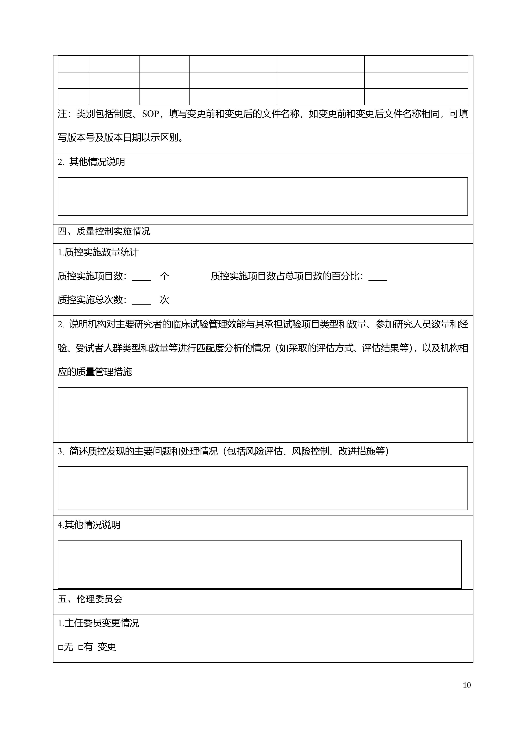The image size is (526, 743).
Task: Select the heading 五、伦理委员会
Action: pos(90,599)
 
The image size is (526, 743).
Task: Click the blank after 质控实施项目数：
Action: pos(141,277)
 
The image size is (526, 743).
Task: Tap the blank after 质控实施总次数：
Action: pos(141,300)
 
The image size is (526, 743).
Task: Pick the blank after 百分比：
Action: pos(378,277)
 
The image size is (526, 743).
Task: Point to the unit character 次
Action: pos(165,300)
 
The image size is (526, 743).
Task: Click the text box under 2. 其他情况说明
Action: pos(263,196)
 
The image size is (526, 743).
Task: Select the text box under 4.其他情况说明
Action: pos(260,564)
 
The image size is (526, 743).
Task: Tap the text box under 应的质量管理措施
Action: pos(263,414)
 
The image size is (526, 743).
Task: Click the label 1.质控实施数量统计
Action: pos(98,252)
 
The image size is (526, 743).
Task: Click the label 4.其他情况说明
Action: pos(89,525)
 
